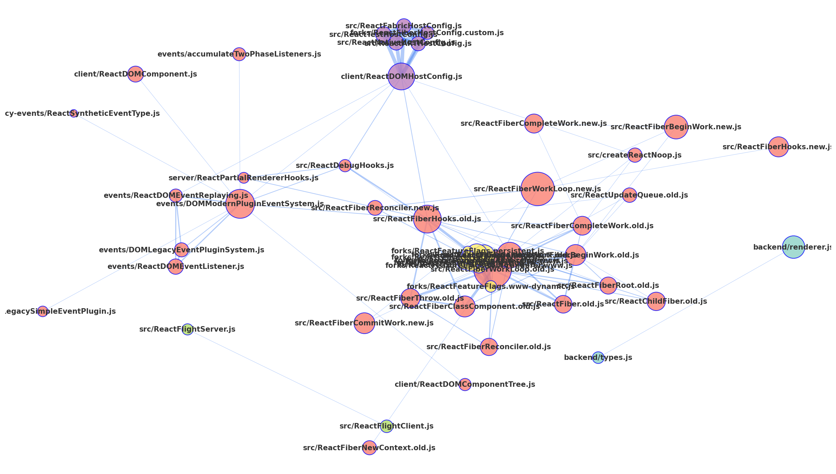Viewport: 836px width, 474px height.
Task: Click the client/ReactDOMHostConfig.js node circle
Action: pos(401,77)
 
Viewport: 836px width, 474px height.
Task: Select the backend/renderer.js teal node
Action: pos(793,247)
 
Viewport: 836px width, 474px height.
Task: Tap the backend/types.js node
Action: pos(598,357)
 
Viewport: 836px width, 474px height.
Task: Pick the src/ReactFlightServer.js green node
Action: pos(187,329)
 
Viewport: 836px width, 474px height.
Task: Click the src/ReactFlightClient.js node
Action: pos(386,426)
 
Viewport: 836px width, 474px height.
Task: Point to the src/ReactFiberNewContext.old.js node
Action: pos(369,448)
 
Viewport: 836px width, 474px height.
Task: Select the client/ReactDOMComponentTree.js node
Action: pos(465,384)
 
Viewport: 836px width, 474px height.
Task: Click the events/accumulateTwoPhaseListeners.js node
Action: pos(239,54)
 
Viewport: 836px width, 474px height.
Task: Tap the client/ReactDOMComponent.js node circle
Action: pos(135,74)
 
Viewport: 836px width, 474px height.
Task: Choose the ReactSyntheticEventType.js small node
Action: pos(74,113)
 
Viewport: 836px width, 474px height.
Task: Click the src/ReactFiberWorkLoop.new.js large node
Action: pos(537,189)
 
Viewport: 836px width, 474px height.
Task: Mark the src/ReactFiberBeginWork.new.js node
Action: pos(676,127)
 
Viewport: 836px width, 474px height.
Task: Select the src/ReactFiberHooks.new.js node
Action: pos(778,147)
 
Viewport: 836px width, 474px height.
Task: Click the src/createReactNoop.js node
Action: pos(635,155)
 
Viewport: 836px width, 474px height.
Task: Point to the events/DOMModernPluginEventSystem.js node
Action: pos(240,204)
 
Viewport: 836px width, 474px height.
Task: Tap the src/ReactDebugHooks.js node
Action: pos(345,165)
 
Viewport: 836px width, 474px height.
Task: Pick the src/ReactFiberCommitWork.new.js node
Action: pos(364,323)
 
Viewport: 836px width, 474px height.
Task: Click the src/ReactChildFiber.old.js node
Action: pos(656,301)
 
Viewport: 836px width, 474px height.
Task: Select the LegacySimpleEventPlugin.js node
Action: pos(42,311)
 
